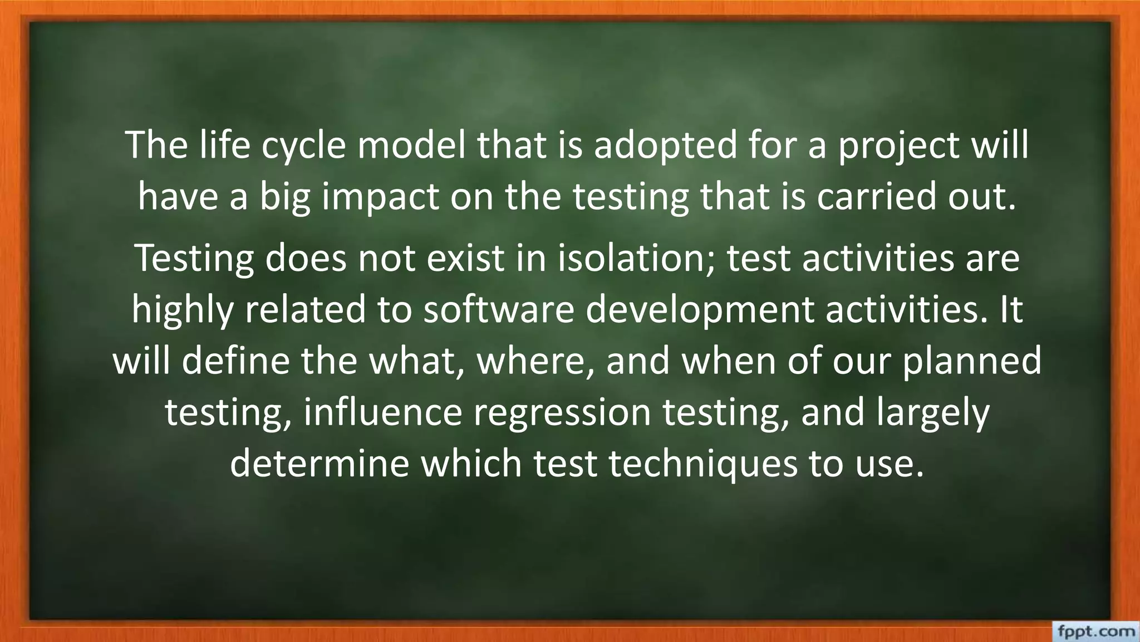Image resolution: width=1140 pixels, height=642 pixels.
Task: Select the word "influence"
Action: click(383, 412)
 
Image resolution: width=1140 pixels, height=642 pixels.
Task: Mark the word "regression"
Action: click(562, 412)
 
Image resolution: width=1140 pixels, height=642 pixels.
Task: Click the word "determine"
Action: click(319, 463)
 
